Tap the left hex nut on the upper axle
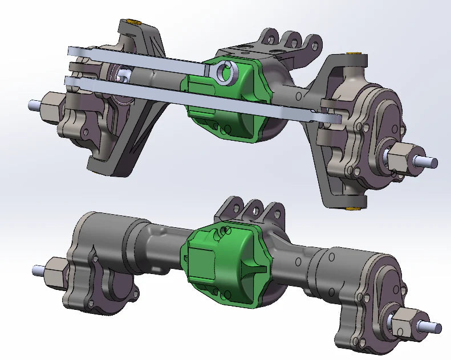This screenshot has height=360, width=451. pyautogui.click(x=51, y=107)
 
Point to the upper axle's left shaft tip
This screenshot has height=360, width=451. pyautogui.click(x=33, y=104)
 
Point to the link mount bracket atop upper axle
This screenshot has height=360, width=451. pyautogui.click(x=285, y=43)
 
